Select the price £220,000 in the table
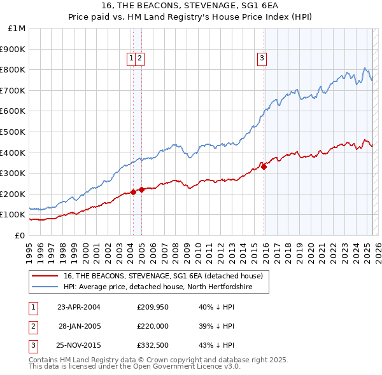coord(152,325)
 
